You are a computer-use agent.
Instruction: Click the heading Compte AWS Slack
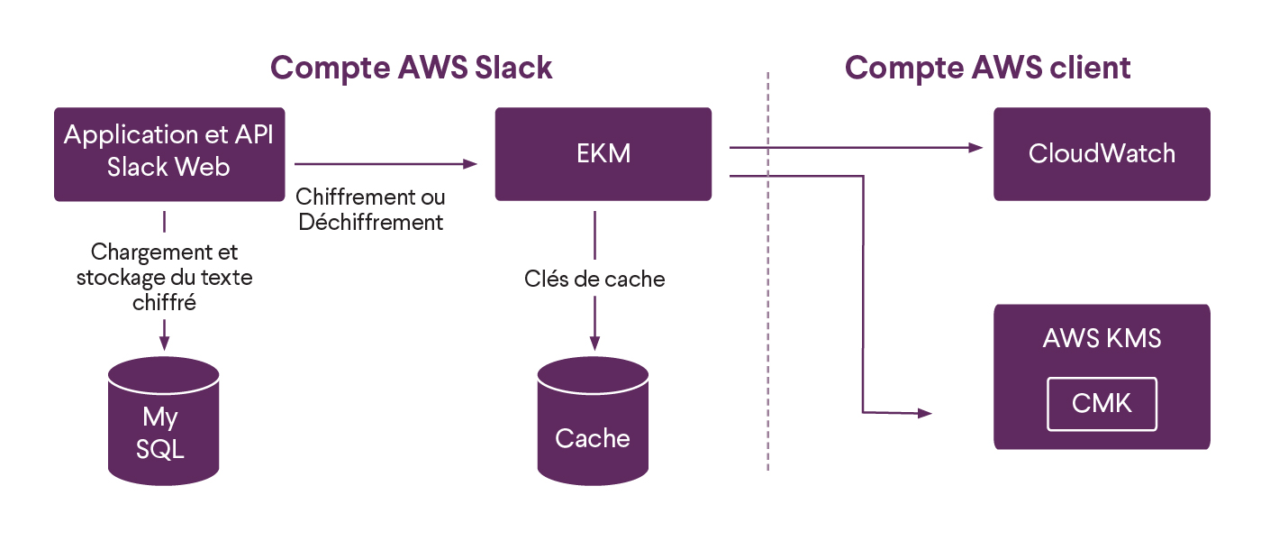(411, 69)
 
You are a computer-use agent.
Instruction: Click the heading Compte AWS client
(987, 69)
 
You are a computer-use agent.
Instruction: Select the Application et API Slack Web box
(169, 154)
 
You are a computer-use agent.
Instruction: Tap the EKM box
(603, 154)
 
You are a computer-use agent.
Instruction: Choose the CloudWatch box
(1102, 154)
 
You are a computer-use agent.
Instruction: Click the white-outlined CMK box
(1102, 404)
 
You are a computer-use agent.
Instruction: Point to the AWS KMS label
(1102, 338)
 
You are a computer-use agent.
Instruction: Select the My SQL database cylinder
(163, 421)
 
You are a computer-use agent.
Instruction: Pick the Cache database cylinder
(593, 421)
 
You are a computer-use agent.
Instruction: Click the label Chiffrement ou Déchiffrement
(370, 209)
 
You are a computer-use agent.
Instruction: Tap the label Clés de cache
(594, 279)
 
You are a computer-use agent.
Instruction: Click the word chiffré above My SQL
(164, 303)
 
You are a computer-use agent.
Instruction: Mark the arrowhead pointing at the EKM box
(470, 164)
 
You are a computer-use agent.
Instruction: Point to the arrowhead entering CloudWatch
(975, 148)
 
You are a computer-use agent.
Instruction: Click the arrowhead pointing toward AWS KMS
(925, 413)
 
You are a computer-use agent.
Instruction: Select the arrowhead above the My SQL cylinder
(164, 344)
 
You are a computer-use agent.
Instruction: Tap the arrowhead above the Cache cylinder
(594, 344)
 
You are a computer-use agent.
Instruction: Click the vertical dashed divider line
(767, 271)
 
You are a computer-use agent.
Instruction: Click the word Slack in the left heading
(513, 68)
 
